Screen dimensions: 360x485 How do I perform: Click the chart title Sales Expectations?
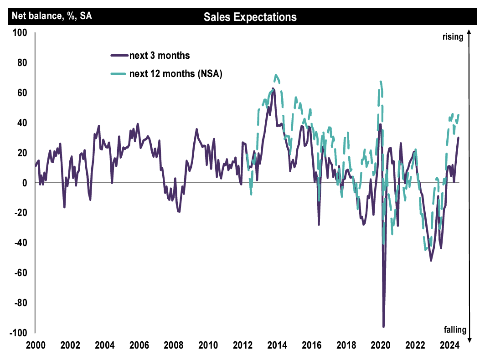(250, 17)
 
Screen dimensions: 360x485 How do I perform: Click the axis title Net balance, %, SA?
(52, 16)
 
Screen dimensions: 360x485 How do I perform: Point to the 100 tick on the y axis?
(20, 33)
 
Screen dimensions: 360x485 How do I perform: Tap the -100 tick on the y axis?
(19, 332)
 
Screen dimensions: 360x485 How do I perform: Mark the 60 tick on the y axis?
(22, 93)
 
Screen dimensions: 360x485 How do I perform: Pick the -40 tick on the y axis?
(21, 242)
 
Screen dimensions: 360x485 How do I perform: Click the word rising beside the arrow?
(453, 37)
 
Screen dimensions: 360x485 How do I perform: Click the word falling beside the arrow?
(454, 329)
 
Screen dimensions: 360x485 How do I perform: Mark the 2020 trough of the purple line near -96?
(383, 327)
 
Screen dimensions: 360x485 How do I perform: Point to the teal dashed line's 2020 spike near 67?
(380, 82)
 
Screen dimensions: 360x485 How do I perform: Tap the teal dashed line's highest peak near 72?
(276, 75)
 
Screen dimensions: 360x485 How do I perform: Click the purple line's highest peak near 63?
(273, 88)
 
